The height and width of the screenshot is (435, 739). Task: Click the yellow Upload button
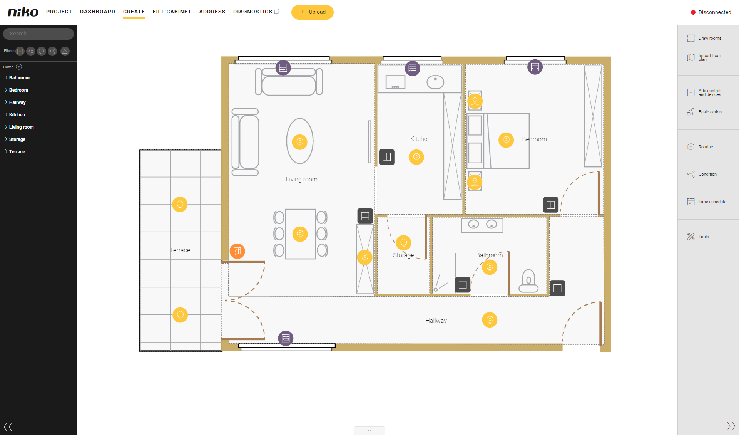click(x=313, y=12)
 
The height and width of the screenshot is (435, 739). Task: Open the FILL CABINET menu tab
click(x=172, y=12)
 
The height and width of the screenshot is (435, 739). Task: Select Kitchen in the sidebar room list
click(x=17, y=114)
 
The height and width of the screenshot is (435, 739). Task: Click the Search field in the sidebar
click(x=38, y=34)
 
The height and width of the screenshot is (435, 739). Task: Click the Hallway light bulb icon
click(x=490, y=319)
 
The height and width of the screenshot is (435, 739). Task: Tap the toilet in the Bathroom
click(x=528, y=280)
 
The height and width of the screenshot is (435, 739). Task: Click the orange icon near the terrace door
click(x=237, y=251)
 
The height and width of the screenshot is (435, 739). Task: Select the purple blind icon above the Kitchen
click(x=413, y=69)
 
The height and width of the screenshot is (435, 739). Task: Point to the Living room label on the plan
click(x=301, y=179)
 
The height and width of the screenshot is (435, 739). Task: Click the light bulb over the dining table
click(x=300, y=234)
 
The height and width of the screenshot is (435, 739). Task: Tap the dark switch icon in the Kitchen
click(x=387, y=157)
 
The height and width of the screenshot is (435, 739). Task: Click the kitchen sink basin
click(x=435, y=82)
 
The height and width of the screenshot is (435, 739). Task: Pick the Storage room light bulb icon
click(x=403, y=243)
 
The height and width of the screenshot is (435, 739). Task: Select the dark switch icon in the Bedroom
click(x=551, y=205)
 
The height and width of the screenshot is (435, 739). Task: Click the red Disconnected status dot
click(x=693, y=12)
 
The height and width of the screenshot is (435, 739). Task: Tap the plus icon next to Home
click(x=19, y=67)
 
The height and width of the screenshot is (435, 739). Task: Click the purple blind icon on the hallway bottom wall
click(x=286, y=338)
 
